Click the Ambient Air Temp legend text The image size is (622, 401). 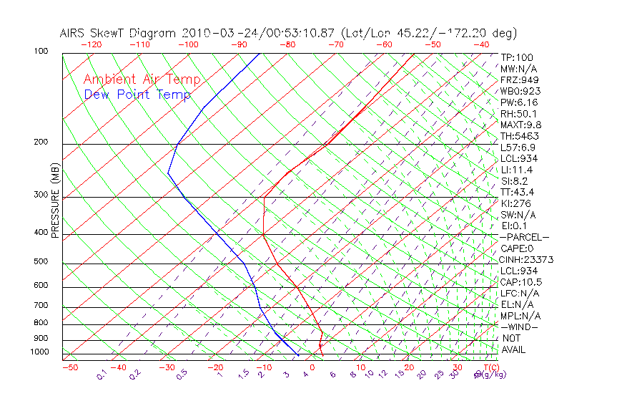coord(142,79)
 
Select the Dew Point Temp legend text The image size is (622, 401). coord(137,95)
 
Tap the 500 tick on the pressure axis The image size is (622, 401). coord(40,262)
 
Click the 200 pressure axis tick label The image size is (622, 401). coord(40,142)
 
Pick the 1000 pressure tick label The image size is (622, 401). coord(39,352)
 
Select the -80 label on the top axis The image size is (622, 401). coord(287,44)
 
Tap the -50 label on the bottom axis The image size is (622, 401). coord(69,367)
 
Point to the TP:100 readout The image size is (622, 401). coord(517,57)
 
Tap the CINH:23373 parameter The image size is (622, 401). coord(527,259)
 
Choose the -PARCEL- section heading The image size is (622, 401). coord(525,237)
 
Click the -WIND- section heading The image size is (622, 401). coord(520,327)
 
